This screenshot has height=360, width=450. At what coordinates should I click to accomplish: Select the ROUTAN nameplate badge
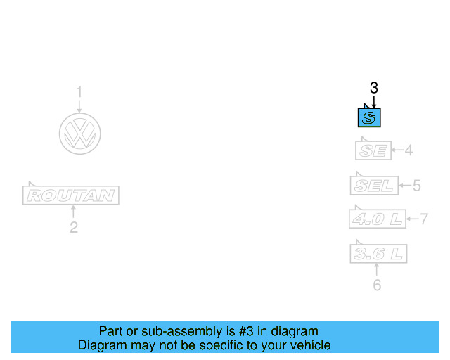pos(71,195)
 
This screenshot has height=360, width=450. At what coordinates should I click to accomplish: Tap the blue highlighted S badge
pos(370,117)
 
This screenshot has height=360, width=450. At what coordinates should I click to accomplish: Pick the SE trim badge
pos(372,150)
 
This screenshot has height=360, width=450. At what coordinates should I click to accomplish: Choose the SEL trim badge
pos(374,186)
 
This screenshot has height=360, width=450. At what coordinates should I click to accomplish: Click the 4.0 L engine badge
pos(378,219)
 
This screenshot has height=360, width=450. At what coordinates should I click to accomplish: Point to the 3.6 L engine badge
pos(378,253)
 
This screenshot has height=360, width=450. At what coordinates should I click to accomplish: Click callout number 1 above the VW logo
pos(79,91)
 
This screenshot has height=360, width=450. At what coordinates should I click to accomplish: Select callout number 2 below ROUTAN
pos(73,227)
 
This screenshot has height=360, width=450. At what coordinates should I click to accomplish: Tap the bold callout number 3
pos(374,88)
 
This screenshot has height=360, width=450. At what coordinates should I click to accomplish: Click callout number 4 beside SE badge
pos(408,150)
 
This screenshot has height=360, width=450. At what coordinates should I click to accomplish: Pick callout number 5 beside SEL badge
pos(416,186)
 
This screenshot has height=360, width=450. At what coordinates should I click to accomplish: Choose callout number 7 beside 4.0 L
pos(424,219)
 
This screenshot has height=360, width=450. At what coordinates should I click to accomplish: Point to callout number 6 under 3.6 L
pos(377,285)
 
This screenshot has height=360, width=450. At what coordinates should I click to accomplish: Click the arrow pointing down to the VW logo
pos(79,105)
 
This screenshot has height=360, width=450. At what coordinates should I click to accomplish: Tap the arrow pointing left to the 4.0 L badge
pos(413,219)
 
